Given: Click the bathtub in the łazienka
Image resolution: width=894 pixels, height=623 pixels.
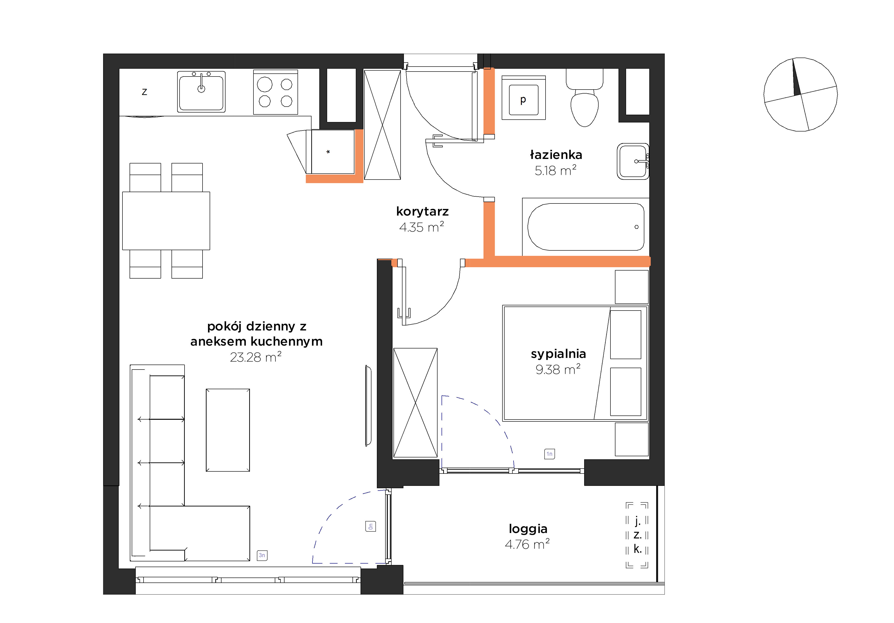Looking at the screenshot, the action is (585, 227).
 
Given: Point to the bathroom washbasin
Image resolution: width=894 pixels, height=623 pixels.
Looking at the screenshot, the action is (633, 161).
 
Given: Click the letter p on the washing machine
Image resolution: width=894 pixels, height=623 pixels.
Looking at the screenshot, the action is (523, 100).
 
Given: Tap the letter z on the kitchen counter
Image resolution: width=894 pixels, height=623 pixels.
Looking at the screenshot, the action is (144, 92).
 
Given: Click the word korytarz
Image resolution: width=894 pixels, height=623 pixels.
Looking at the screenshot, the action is (422, 212).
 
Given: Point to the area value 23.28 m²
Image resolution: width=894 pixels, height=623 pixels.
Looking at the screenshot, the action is (255, 357).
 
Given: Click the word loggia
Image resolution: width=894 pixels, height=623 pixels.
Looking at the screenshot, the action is (528, 529).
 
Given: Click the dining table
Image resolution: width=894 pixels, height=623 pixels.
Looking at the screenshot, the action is (166, 221).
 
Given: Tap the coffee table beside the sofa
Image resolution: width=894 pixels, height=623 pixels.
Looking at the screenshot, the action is (228, 430).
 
